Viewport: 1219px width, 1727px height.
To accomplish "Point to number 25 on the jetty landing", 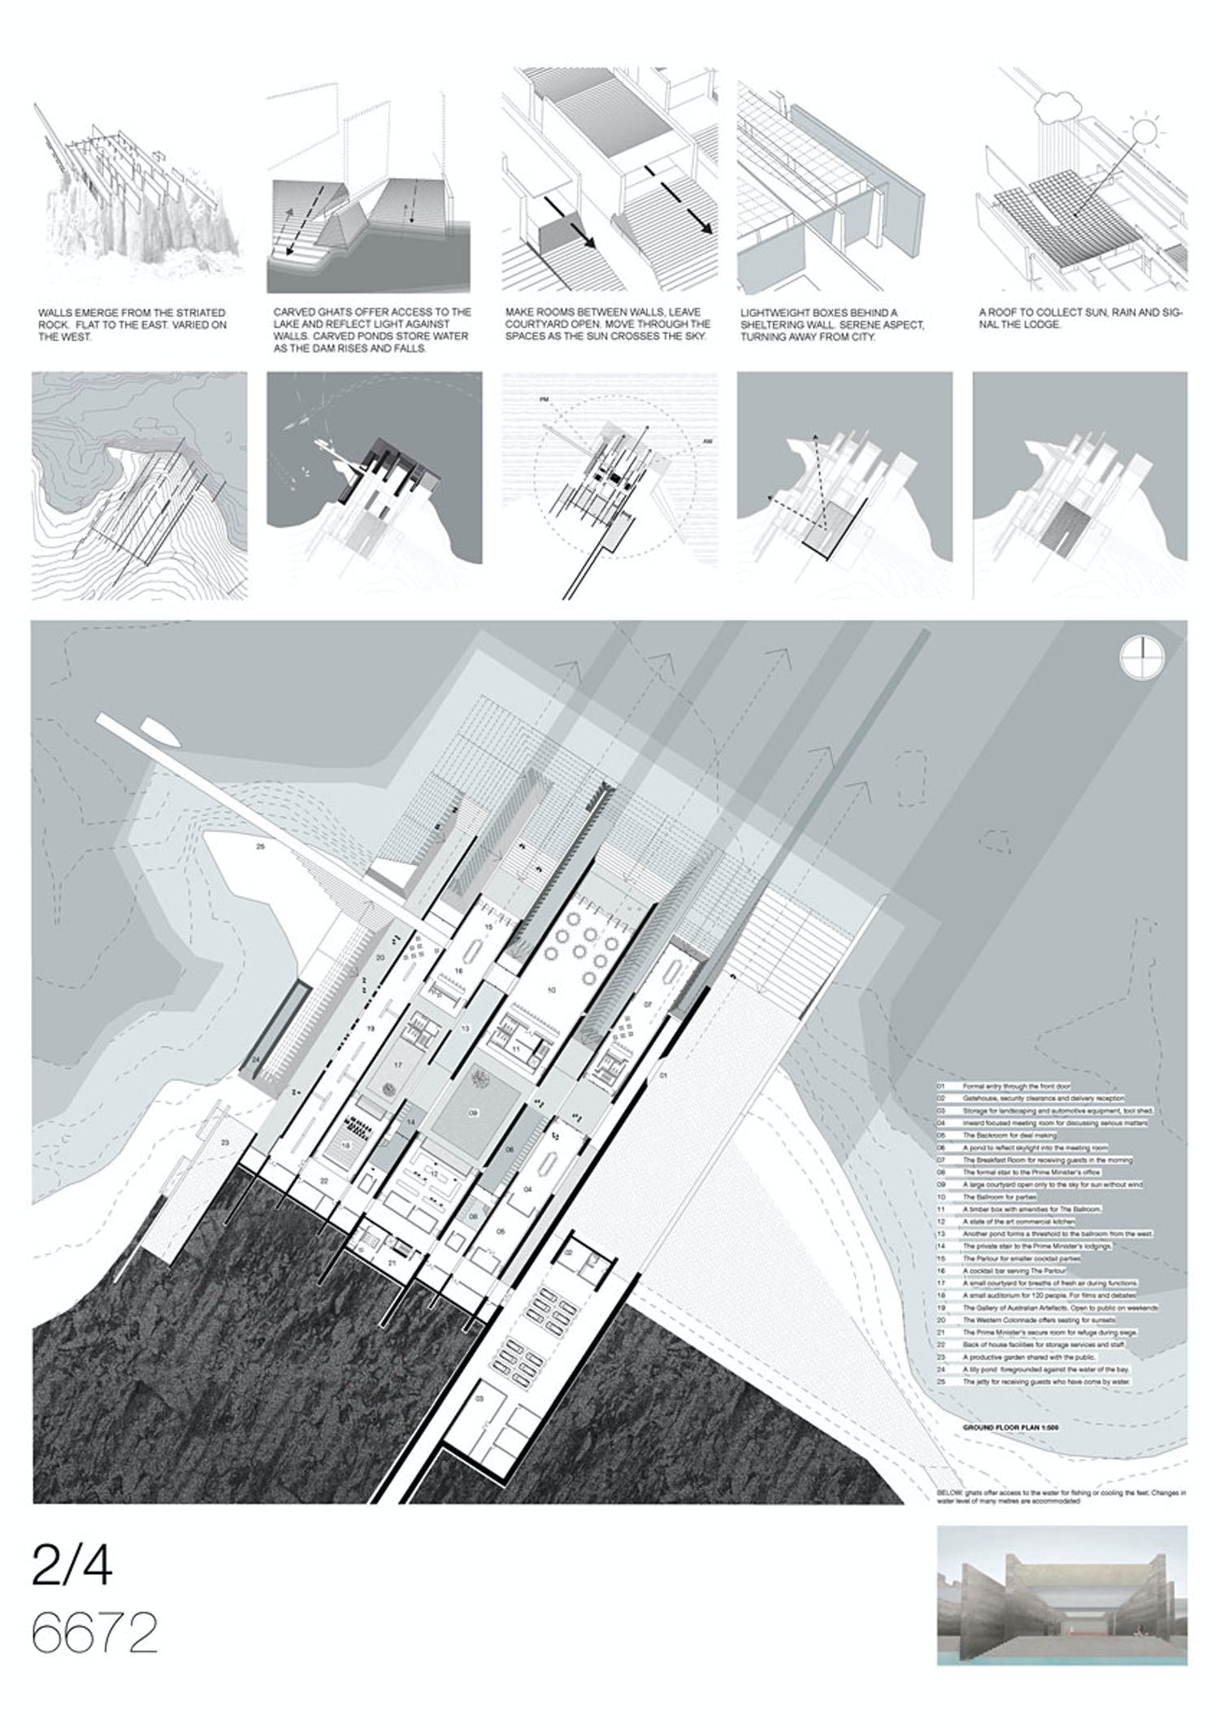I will coord(260,848).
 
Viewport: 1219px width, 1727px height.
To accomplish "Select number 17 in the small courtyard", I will coord(398,1064).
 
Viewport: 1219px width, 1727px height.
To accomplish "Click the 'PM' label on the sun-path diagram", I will coord(544,401).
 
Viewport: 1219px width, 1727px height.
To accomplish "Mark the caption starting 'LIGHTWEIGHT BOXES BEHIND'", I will coord(832,324).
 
